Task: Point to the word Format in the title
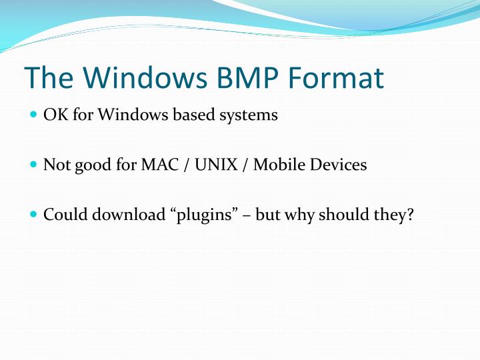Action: coord(340,79)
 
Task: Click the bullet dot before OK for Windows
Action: coord(34,115)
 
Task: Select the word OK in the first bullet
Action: coord(53,115)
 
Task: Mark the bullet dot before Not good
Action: coord(34,165)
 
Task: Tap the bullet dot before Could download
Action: coord(34,215)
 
